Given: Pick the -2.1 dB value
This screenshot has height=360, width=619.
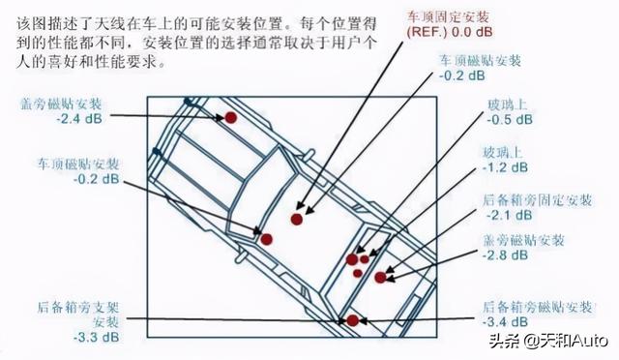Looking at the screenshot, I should point(505,215).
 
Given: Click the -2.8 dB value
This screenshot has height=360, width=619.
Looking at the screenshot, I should point(506,255).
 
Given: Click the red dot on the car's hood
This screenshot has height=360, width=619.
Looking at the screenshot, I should point(231,117).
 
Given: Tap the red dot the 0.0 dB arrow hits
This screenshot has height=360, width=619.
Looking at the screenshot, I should point(297,220).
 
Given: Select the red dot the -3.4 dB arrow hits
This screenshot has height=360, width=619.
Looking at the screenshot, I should point(353,320).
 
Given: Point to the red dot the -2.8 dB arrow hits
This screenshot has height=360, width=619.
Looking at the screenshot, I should point(380,278).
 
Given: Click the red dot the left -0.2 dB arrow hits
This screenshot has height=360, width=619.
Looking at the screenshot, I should point(264,235).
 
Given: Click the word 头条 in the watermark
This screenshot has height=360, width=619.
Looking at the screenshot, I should point(505,340).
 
